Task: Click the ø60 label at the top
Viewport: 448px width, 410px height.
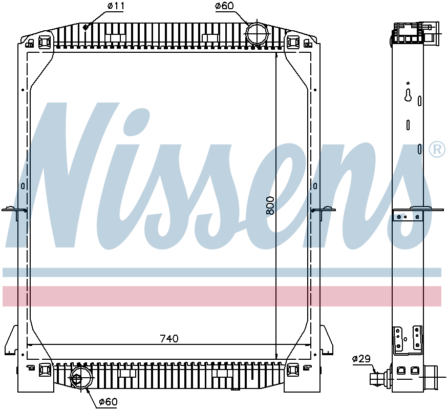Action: pyautogui.click(x=224, y=6)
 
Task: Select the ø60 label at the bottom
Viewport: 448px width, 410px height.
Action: pyautogui.click(x=108, y=402)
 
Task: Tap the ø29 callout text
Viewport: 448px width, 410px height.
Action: pyautogui.click(x=361, y=359)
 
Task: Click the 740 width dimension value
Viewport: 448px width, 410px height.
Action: pyautogui.click(x=169, y=339)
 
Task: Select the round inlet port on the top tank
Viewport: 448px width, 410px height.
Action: pyautogui.click(x=257, y=34)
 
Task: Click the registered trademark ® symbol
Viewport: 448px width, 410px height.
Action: pyautogui.click(x=437, y=149)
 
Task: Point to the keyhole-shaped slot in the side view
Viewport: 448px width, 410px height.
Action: pyautogui.click(x=408, y=95)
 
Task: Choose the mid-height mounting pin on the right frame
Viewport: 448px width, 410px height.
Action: pyautogui.click(x=324, y=210)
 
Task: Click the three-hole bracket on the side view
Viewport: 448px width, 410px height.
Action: pyautogui.click(x=408, y=216)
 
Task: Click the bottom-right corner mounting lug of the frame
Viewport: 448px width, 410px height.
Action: pyautogui.click(x=293, y=370)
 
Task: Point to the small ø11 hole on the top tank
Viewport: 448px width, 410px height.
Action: pyautogui.click(x=87, y=28)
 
